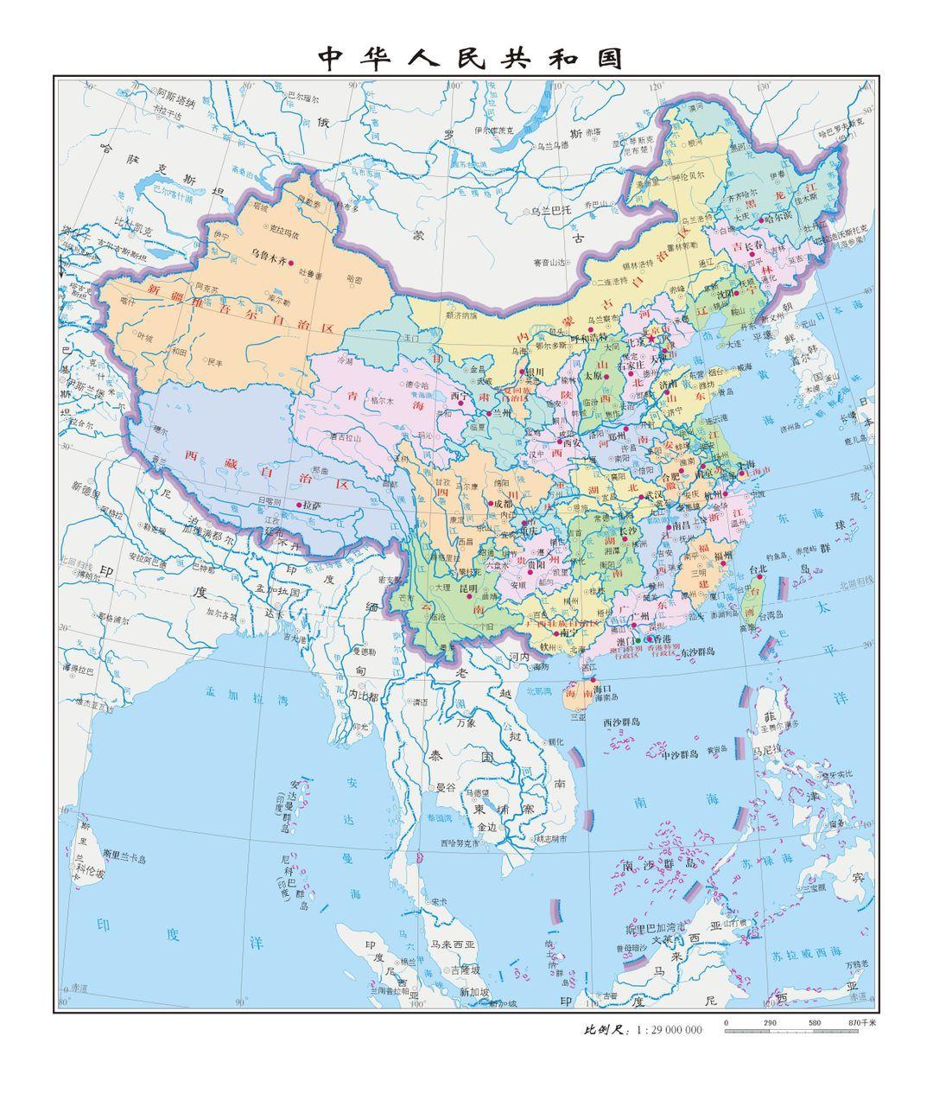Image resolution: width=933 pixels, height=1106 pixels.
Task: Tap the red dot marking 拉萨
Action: click(300, 505)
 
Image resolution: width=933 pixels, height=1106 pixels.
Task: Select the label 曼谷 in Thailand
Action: click(445, 787)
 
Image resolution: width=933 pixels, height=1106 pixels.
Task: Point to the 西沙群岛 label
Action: click(621, 721)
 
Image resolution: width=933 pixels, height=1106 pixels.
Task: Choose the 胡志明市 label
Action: click(549, 838)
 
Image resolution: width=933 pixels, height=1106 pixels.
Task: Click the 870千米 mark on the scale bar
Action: click(861, 1023)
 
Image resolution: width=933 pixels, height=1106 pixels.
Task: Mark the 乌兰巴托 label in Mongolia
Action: click(551, 210)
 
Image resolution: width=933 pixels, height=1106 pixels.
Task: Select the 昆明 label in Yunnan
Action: click(468, 588)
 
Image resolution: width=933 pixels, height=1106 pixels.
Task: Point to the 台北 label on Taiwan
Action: click(757, 569)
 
